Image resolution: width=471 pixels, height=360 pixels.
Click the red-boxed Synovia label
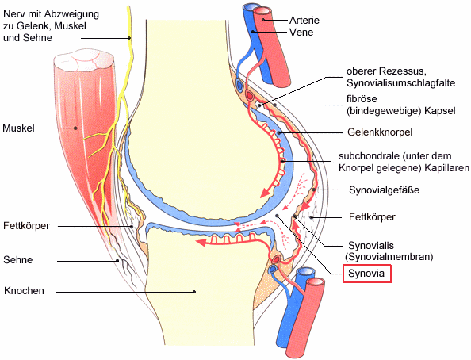(367, 274)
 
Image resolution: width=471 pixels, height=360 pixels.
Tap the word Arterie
(304, 20)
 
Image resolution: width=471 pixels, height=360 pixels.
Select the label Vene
(301, 33)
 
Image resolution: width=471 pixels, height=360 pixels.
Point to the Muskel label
(18, 128)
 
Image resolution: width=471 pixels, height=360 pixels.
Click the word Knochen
(24, 291)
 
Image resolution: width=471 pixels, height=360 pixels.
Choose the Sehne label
(18, 259)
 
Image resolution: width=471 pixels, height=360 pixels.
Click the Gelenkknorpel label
(380, 132)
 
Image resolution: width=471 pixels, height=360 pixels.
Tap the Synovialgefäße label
(385, 190)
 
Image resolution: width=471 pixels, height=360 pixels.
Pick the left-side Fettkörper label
(26, 226)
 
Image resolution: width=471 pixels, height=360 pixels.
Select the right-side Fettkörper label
(372, 217)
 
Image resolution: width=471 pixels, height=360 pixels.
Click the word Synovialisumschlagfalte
(401, 83)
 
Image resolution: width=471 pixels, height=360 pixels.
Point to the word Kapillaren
(446, 168)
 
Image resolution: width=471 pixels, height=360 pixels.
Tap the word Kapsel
(440, 111)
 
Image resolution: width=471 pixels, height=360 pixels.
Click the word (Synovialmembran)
(389, 257)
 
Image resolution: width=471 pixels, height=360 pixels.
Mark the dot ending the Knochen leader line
(194, 292)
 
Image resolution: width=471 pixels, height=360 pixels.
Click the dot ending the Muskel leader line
(75, 128)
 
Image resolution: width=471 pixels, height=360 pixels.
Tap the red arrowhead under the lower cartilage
(201, 242)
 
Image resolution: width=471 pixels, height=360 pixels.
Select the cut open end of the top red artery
(262, 11)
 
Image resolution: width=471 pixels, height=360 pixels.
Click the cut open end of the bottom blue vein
(305, 271)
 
